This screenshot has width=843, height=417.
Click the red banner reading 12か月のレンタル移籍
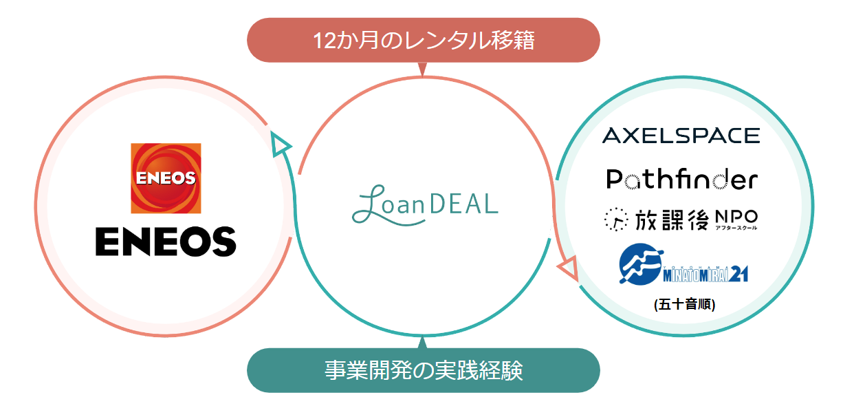pyautogui.click(x=423, y=41)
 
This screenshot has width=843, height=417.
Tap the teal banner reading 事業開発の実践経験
pyautogui.click(x=423, y=371)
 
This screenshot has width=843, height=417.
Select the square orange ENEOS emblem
pyautogui.click(x=166, y=178)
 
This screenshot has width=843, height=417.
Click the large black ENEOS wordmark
pyautogui.click(x=166, y=241)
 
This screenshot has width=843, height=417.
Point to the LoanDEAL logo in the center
pyautogui.click(x=424, y=204)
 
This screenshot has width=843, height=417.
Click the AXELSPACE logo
pyautogui.click(x=681, y=135)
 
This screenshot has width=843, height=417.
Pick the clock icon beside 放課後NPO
pyautogui.click(x=615, y=220)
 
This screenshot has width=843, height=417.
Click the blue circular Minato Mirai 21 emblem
pyautogui.click(x=641, y=265)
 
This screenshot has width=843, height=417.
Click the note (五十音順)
pyautogui.click(x=685, y=303)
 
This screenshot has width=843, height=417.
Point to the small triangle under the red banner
pyautogui.click(x=422, y=68)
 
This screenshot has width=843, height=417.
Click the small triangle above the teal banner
pyautogui.click(x=422, y=342)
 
